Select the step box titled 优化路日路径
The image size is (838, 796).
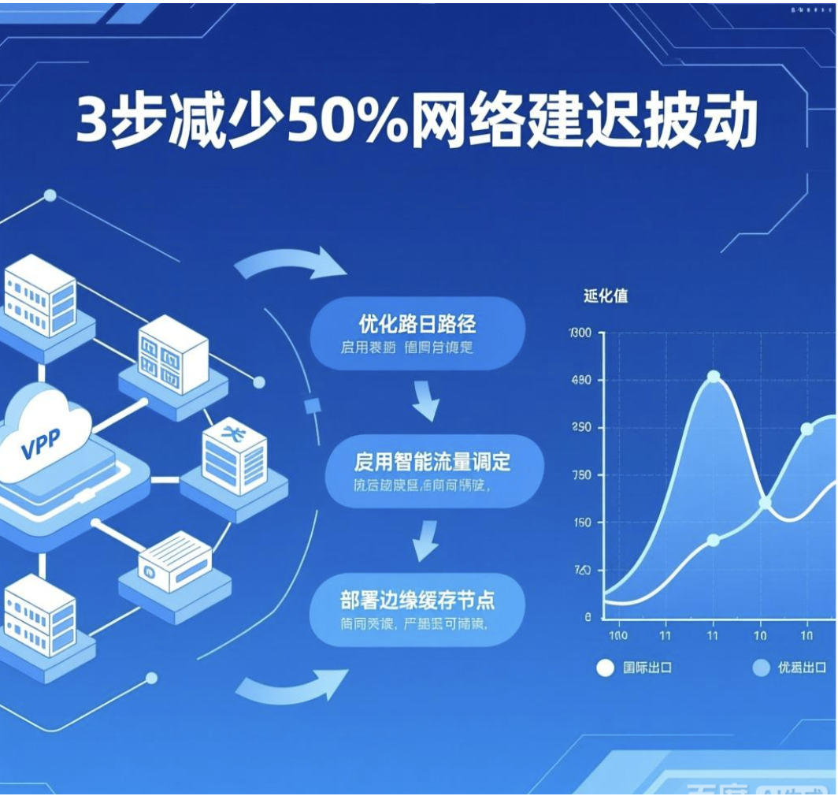417,333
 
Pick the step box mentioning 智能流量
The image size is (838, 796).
433,471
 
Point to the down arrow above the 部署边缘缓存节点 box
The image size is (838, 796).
425,541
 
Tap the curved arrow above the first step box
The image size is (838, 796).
291,264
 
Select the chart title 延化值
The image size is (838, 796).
606,296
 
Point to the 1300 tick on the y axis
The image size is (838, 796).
579,333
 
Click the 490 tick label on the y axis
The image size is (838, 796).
580,381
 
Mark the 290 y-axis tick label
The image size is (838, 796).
580,428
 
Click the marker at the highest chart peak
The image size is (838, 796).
714,377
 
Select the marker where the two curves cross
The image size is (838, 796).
765,503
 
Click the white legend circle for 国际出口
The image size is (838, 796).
605,668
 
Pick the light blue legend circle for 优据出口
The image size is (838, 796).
760,668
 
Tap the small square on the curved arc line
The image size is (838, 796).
310,406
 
